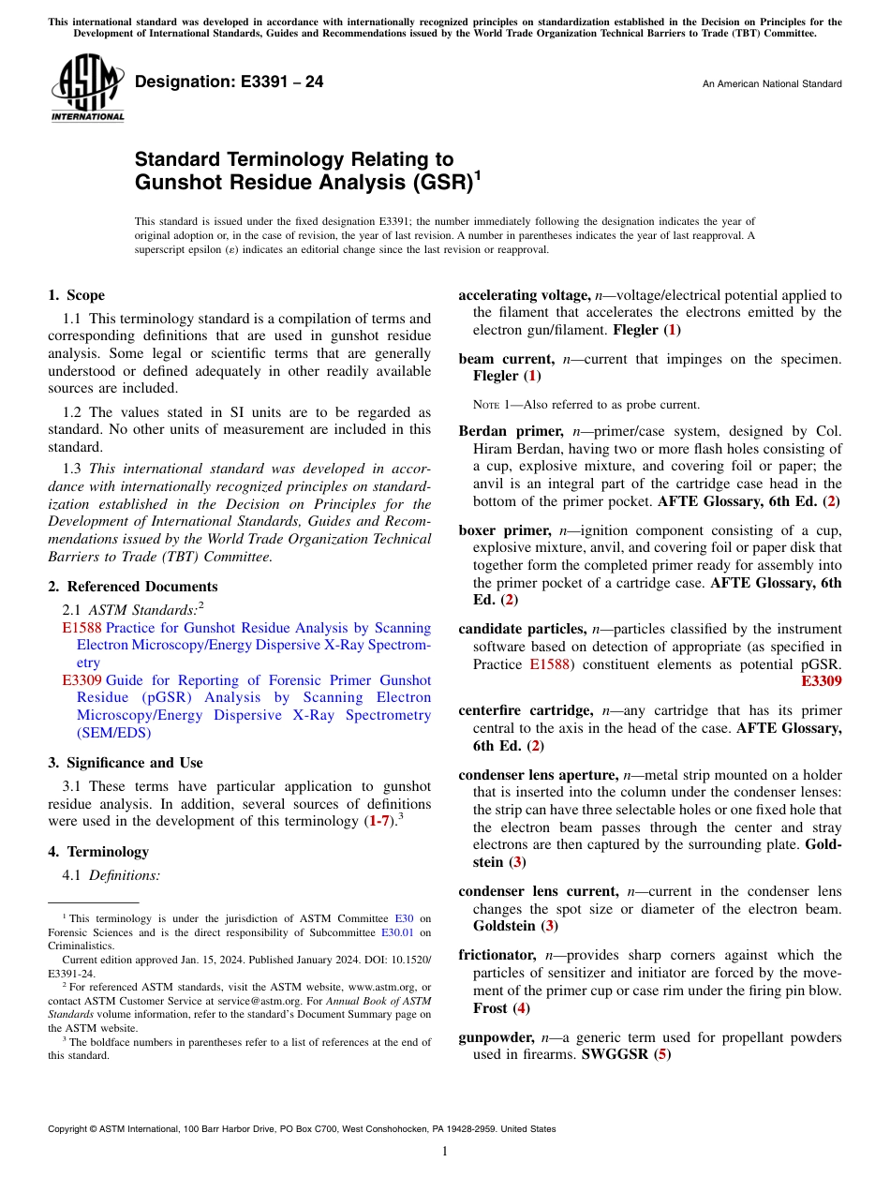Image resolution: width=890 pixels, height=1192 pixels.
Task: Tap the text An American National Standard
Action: pyautogui.click(x=771, y=84)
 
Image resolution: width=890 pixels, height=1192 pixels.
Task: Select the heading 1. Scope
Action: pyautogui.click(x=77, y=295)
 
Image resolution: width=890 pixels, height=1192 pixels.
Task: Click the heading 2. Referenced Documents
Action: pyautogui.click(x=133, y=587)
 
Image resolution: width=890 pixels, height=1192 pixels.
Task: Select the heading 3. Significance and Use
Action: pyautogui.click(x=126, y=763)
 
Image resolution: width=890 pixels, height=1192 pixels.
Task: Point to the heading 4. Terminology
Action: pyautogui.click(x=98, y=852)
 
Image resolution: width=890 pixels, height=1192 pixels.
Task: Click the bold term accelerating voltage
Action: pyautogui.click(x=523, y=295)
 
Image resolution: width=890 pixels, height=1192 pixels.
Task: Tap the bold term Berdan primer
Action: pyautogui.click(x=510, y=432)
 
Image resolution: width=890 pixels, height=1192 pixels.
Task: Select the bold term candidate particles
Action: pyautogui.click(x=522, y=629)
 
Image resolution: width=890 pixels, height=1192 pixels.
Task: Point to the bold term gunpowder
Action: pyautogui.click(x=496, y=1037)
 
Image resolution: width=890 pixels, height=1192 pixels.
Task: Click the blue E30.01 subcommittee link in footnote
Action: pyautogui.click(x=397, y=932)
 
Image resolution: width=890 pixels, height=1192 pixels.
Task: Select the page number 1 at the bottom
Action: pyautogui.click(x=445, y=1152)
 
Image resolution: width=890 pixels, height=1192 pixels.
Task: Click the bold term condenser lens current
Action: pyautogui.click(x=538, y=891)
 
